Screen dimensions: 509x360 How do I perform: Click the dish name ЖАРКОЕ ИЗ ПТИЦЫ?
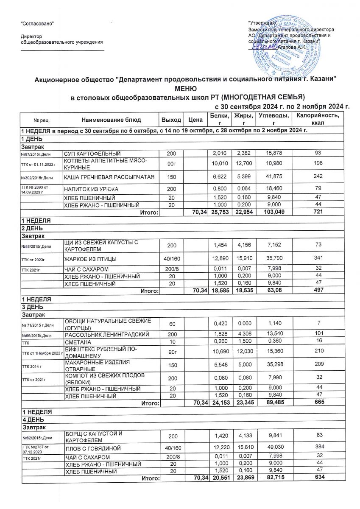pos(90,258)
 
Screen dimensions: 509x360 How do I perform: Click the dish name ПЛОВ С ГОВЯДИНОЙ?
pos(92,448)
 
